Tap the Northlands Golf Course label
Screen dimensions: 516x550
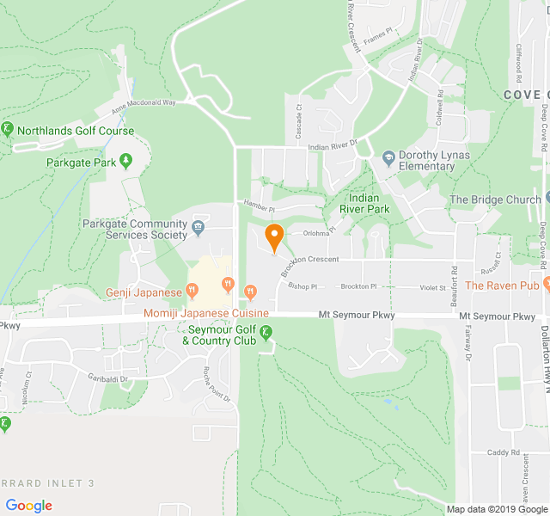click(76, 132)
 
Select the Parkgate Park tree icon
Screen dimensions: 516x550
click(126, 161)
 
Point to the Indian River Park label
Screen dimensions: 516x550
click(364, 203)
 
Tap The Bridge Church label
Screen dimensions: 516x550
click(495, 200)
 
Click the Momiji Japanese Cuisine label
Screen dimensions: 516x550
click(206, 314)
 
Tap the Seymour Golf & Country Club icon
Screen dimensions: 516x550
click(266, 333)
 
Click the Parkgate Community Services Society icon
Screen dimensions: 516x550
click(199, 227)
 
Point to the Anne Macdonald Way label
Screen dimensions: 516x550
click(143, 104)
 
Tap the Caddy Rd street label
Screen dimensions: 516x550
click(503, 452)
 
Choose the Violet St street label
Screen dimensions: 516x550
click(432, 287)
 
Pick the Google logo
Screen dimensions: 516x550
click(29, 506)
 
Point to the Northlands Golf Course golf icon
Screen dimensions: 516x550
click(7, 130)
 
